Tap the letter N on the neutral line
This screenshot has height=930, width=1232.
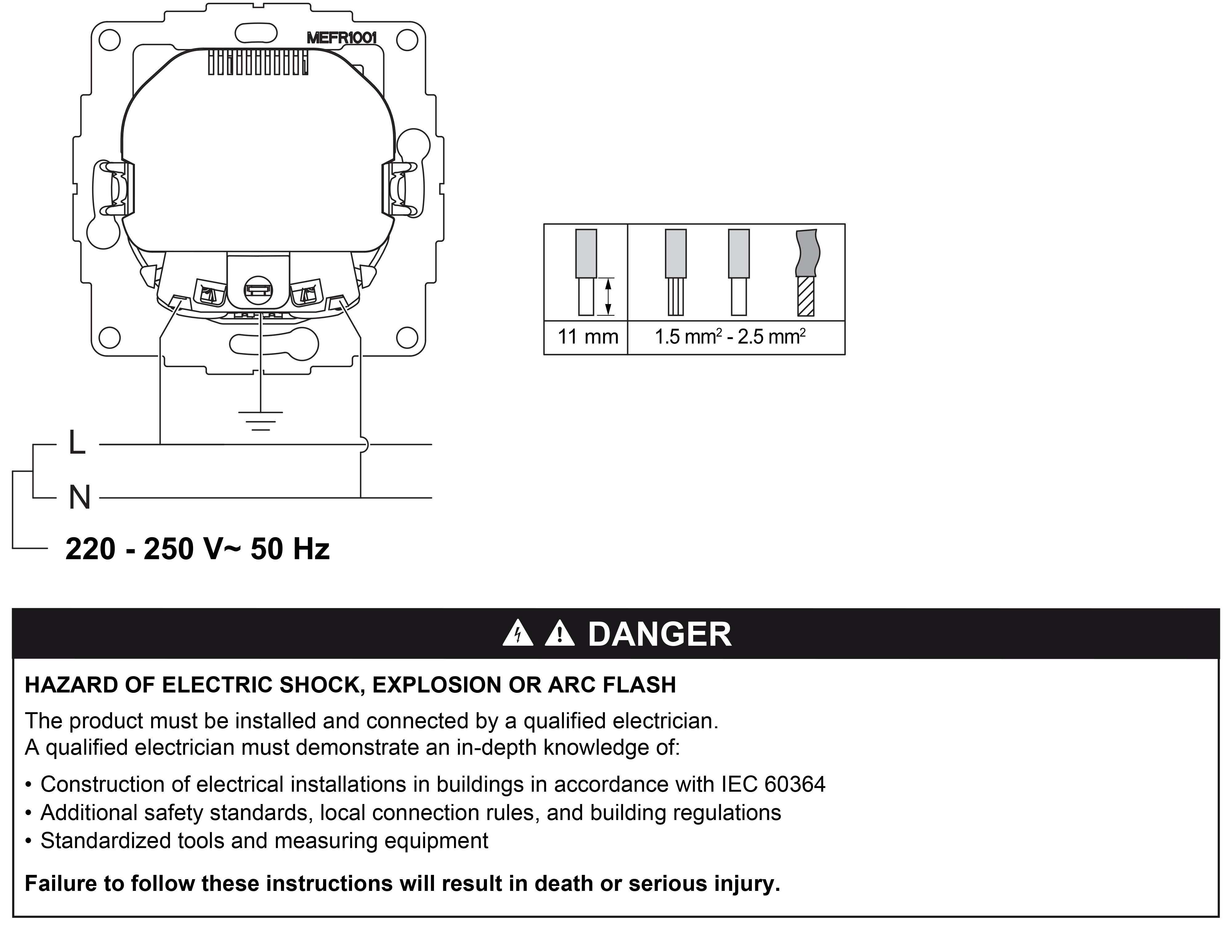pyautogui.click(x=79, y=497)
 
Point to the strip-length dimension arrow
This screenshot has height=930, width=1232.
pyautogui.click(x=608, y=297)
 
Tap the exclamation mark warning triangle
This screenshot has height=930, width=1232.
pyautogui.click(x=560, y=633)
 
